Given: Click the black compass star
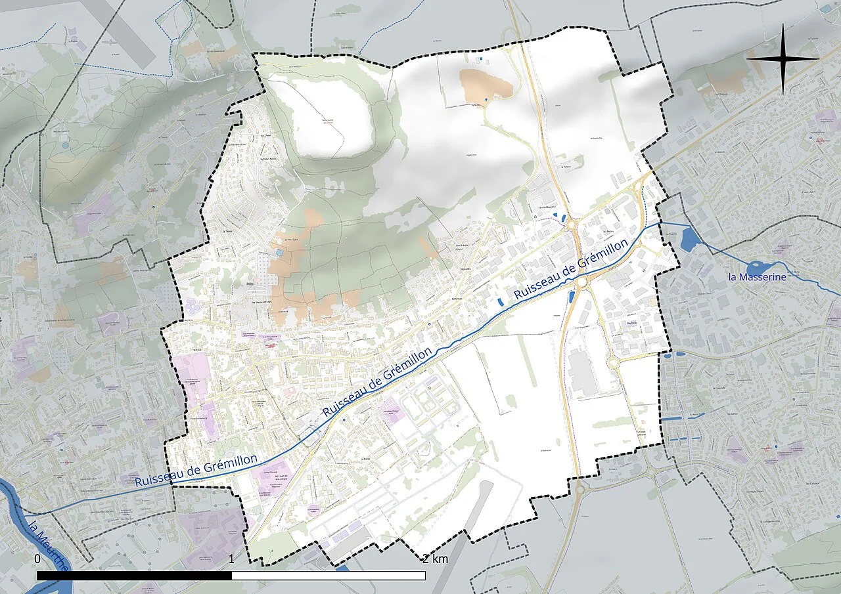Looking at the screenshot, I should [783, 58].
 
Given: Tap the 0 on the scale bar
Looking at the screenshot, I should [37, 559].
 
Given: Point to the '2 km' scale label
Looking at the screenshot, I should [435, 559].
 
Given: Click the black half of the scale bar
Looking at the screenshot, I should [134, 576].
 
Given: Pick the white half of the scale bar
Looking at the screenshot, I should [329, 576].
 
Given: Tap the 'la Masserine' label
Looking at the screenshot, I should [757, 277].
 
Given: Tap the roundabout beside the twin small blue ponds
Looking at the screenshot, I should [570, 224].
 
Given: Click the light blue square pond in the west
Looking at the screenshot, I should [281, 253].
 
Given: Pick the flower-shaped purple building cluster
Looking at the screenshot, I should [193, 306].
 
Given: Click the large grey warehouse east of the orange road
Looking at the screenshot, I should [582, 373].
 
